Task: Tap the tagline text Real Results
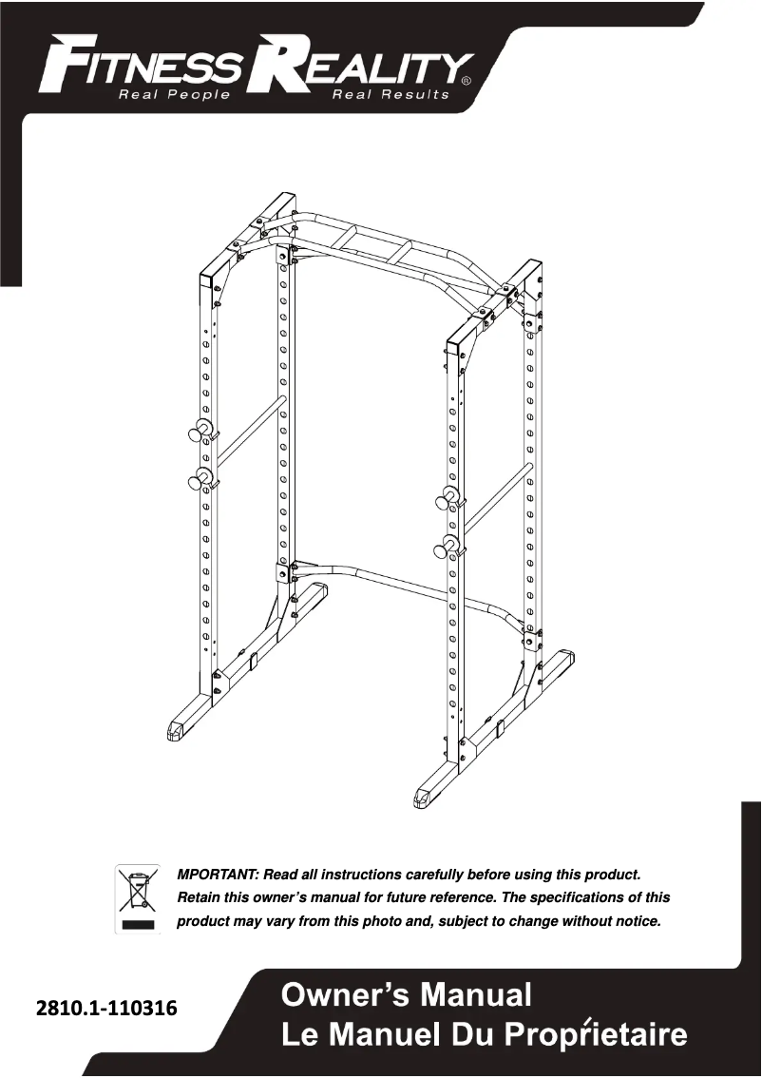[390, 95]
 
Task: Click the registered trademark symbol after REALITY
[465, 82]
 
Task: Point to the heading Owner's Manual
[407, 996]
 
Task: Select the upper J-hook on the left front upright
[202, 430]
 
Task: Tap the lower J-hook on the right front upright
[447, 547]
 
